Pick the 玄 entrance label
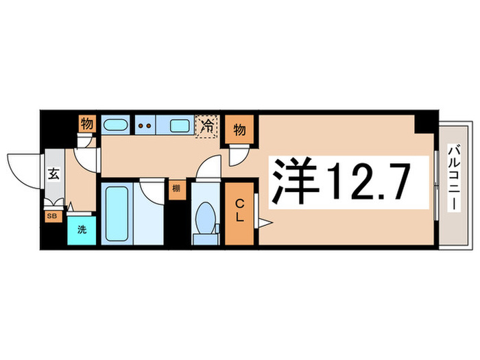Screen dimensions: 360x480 tap(54, 174)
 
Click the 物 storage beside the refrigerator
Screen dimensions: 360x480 tap(239, 128)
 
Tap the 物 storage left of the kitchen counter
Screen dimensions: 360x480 tap(87, 125)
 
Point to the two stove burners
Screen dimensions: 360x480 tap(145, 125)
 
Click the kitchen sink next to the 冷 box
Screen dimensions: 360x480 tap(180, 125)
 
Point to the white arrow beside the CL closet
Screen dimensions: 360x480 tap(265, 221)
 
